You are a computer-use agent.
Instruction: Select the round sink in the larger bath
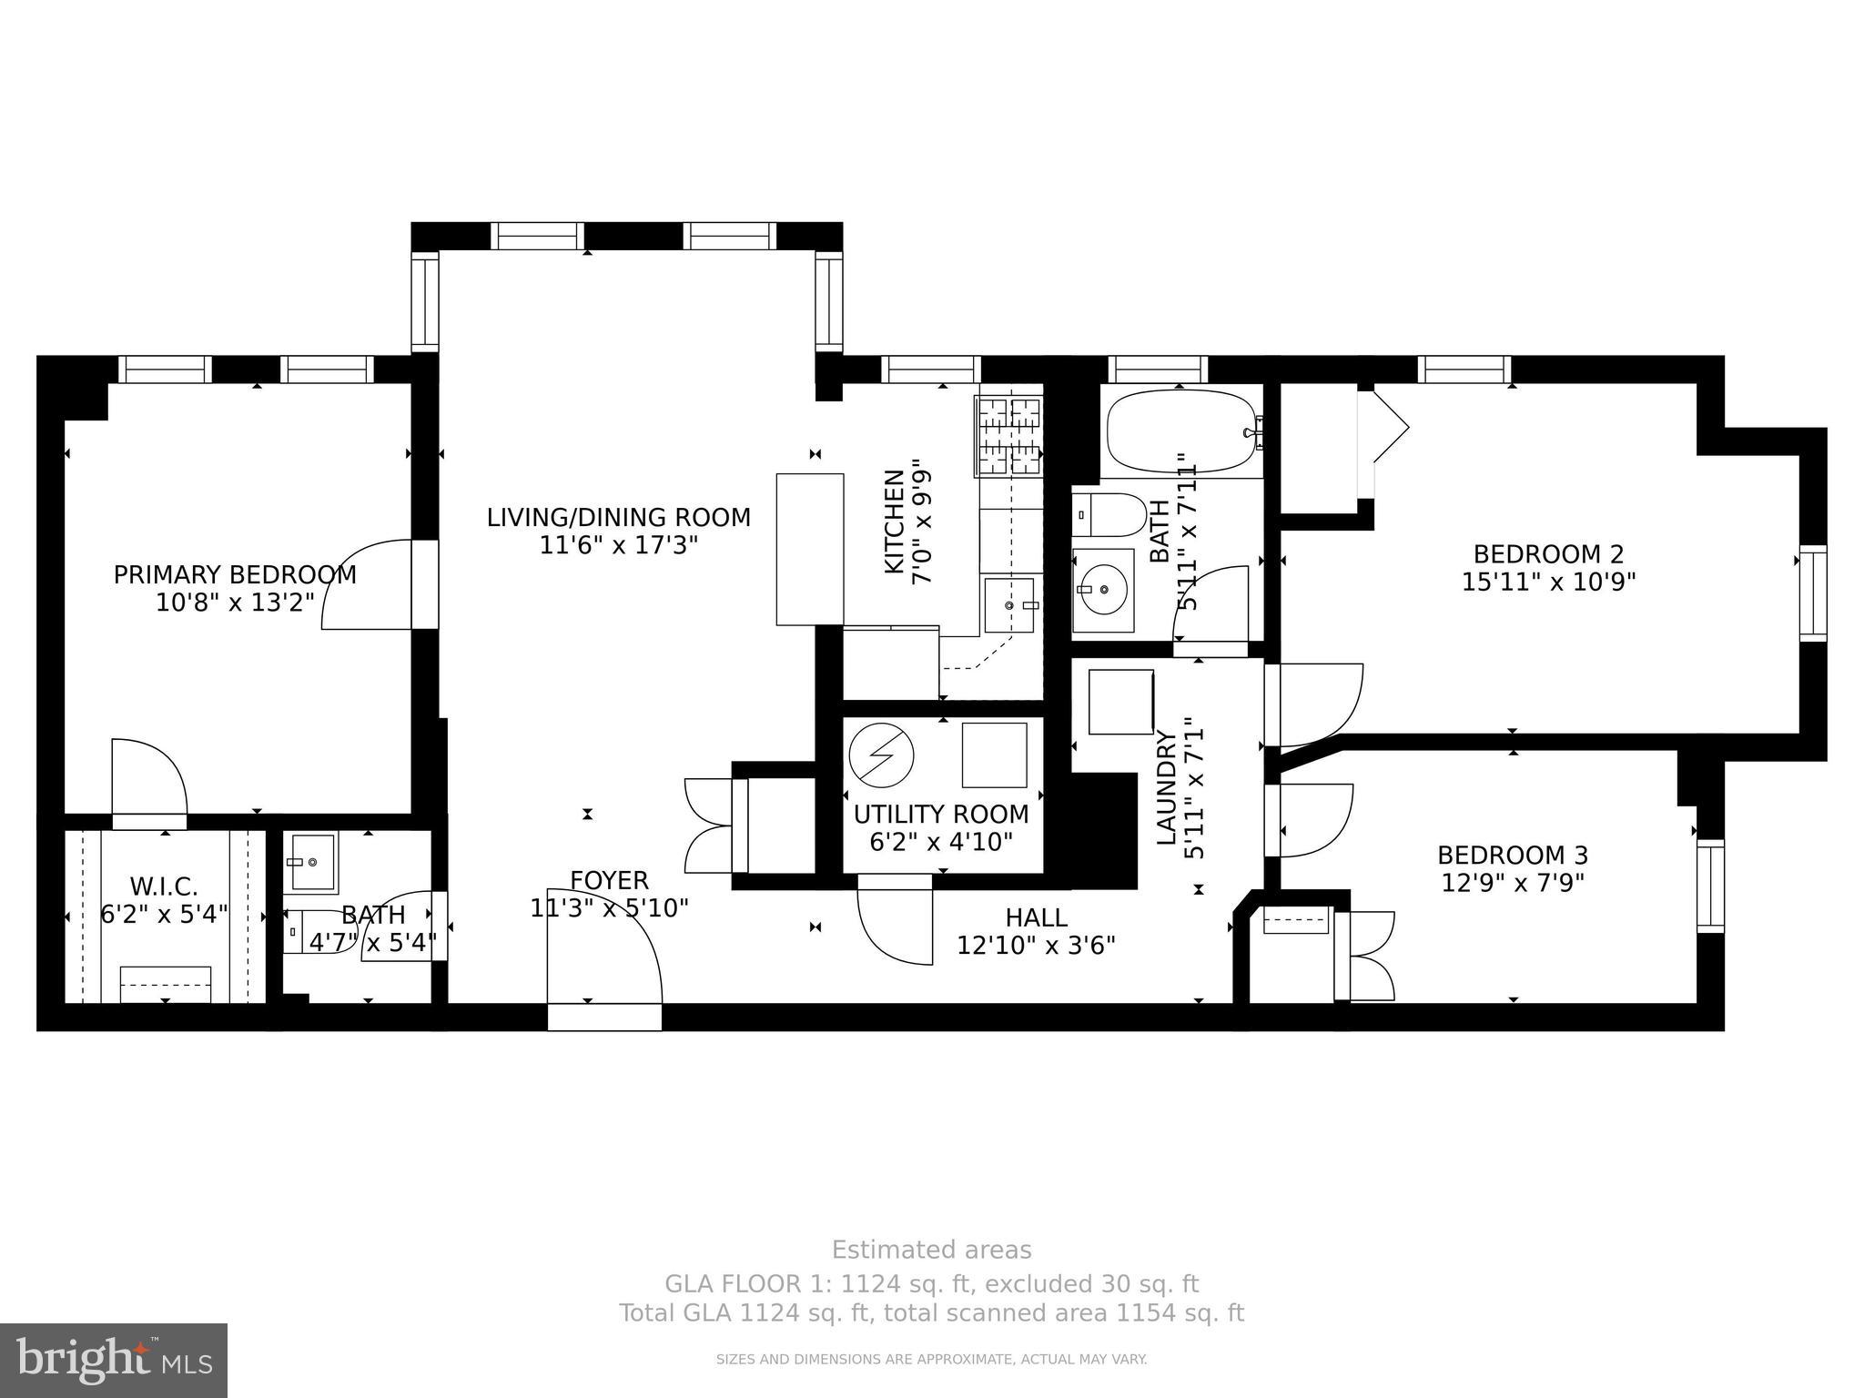(x=1102, y=590)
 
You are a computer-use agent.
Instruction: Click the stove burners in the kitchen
(x=1008, y=438)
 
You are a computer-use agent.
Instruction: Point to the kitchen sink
(x=1008, y=605)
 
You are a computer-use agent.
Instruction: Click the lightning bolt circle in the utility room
(x=881, y=754)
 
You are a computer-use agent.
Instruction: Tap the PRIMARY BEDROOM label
(x=235, y=575)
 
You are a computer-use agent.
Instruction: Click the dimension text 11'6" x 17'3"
(x=618, y=545)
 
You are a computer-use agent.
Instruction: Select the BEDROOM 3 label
(x=1513, y=856)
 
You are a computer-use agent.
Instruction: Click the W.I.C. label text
(x=164, y=886)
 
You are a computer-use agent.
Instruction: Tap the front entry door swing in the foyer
(x=605, y=947)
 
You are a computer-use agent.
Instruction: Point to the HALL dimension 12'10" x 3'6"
(x=1036, y=946)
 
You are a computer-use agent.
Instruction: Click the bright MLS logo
(x=114, y=1361)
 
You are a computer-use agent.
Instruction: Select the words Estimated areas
(x=931, y=1250)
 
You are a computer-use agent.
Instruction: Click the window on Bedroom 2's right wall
(x=1812, y=593)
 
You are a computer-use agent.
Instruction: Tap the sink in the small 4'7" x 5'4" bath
(x=312, y=862)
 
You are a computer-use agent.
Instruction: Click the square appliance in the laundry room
(x=1120, y=702)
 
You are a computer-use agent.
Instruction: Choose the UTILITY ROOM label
(x=941, y=814)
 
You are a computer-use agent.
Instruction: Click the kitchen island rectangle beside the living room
(x=809, y=549)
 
